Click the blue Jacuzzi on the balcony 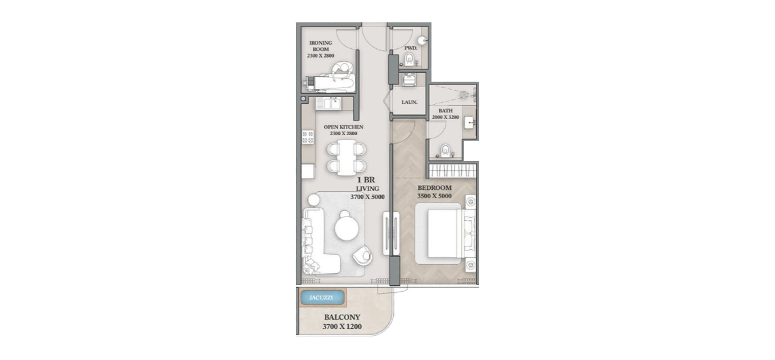[322, 298]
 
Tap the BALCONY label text [342, 318]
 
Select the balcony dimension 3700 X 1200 [342, 327]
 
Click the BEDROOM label [434, 188]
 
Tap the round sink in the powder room [422, 40]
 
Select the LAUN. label [409, 103]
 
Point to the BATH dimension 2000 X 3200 [445, 117]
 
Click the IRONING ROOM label [320, 46]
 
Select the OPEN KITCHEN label [343, 127]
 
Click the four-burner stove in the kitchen [308, 137]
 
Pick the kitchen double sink [328, 104]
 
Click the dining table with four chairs [347, 157]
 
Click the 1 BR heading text [366, 180]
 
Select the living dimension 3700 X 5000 [367, 197]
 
